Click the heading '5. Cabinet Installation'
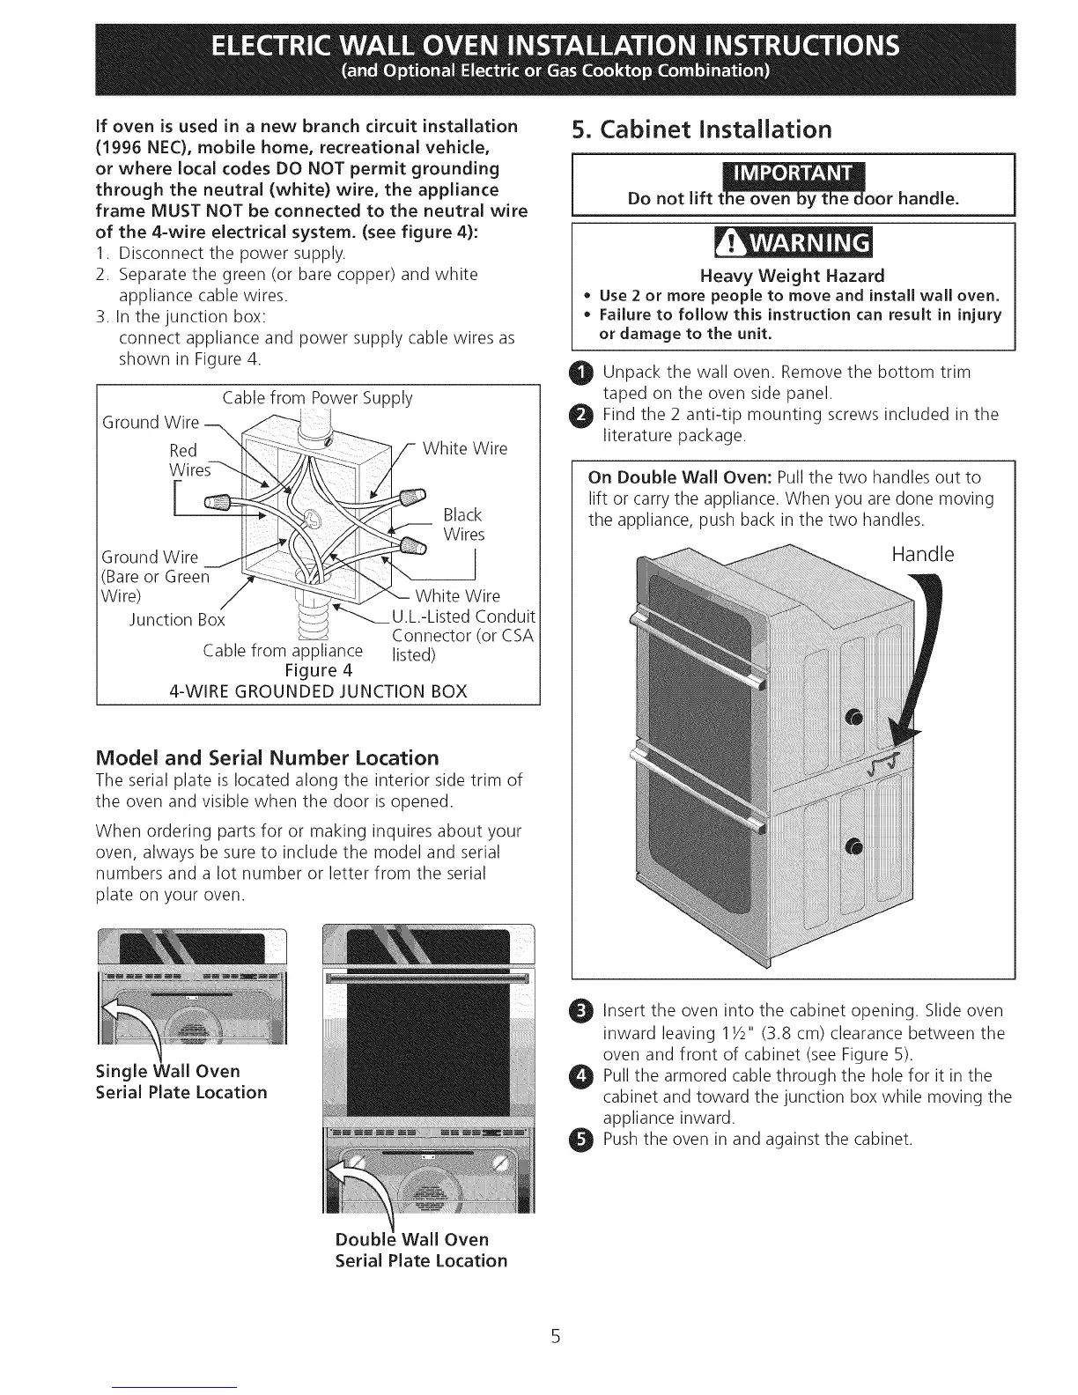point(701,130)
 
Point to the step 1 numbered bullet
point(587,372)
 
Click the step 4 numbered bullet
point(587,1075)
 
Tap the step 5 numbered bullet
point(587,1140)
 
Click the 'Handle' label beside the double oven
point(922,555)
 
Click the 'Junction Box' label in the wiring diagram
point(177,620)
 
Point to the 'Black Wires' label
point(463,525)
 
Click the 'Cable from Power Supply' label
point(317,398)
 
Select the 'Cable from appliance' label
point(283,651)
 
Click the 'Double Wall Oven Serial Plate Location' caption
point(421,1250)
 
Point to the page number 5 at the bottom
point(555,1337)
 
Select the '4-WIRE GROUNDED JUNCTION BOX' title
point(317,690)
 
